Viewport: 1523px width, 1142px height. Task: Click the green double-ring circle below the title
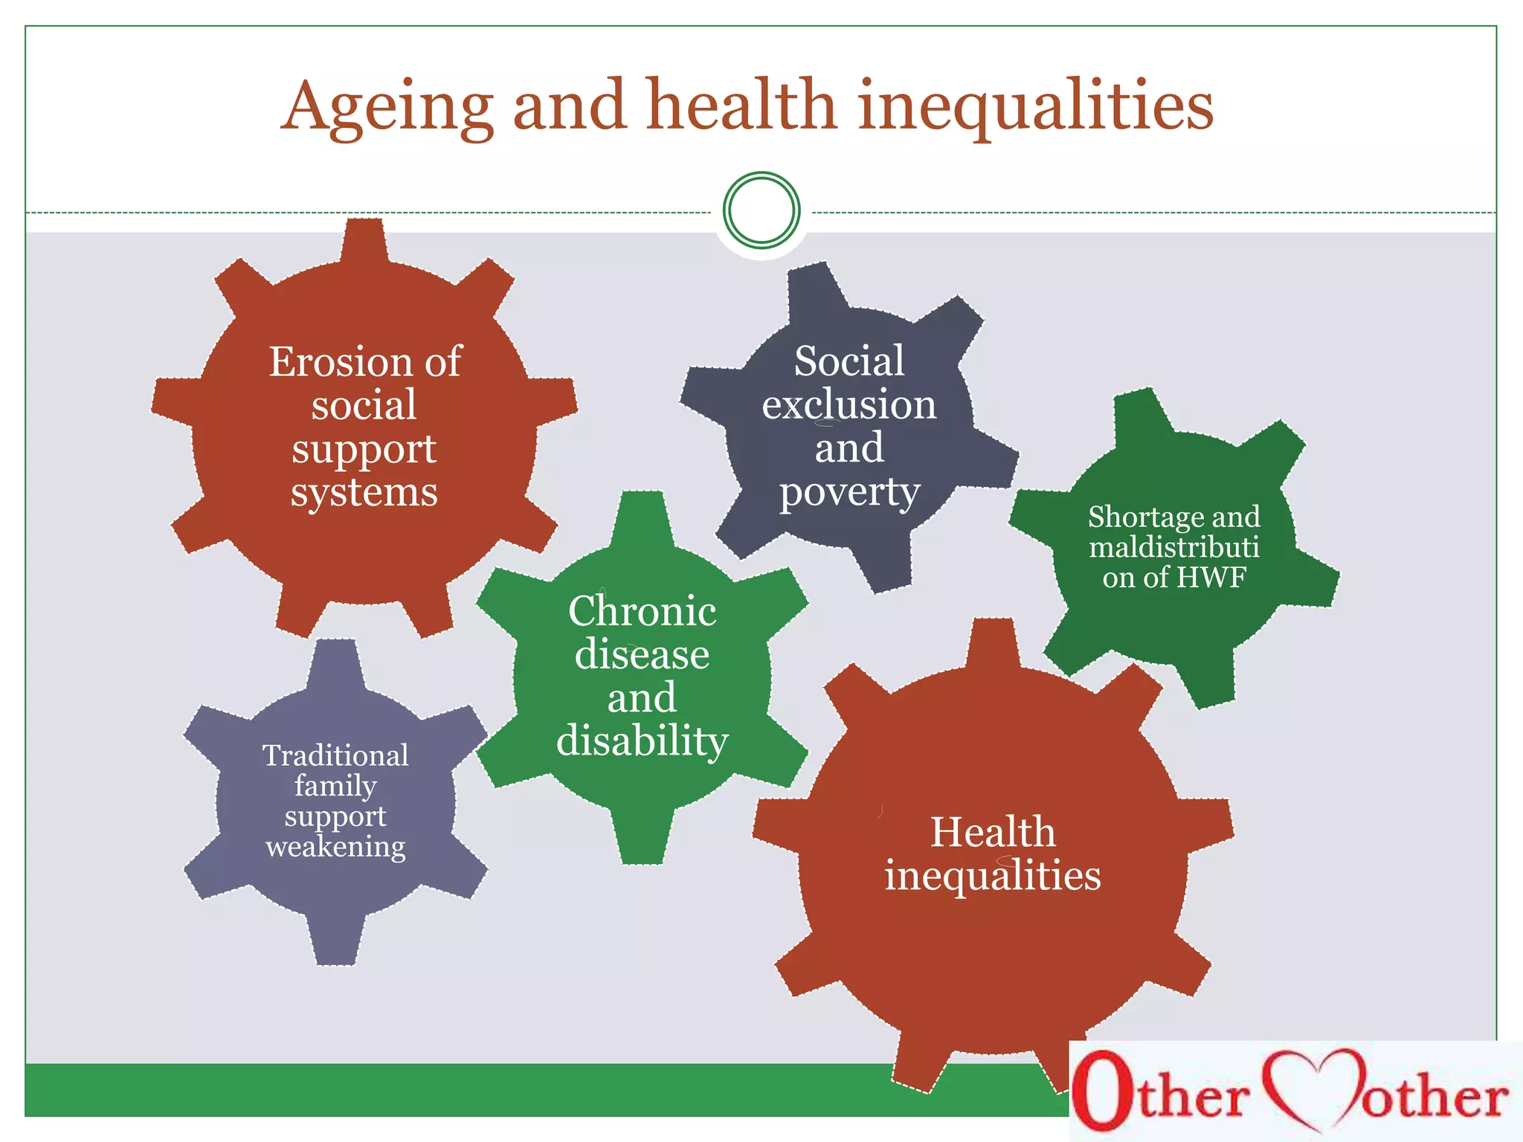[761, 210]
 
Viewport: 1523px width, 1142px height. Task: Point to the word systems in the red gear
[364, 493]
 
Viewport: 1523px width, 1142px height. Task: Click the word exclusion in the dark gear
[849, 405]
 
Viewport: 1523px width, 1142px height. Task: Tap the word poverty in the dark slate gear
[849, 493]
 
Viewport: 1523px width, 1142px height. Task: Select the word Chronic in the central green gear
[643, 611]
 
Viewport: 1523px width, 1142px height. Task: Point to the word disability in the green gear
[643, 741]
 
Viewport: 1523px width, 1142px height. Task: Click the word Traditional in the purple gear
[335, 755]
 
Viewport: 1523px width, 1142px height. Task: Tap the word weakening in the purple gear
[335, 847]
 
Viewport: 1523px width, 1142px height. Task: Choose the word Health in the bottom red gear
[993, 832]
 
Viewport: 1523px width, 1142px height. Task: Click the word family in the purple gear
[335, 786]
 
